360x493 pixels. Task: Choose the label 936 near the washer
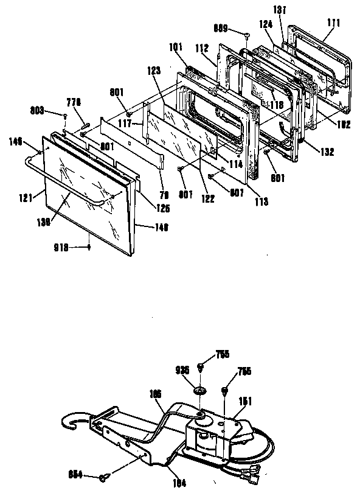tap(182, 369)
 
